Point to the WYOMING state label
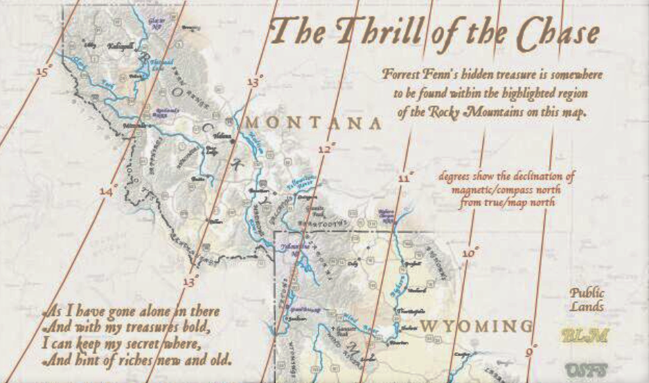(477, 326)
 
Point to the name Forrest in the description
(402, 74)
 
